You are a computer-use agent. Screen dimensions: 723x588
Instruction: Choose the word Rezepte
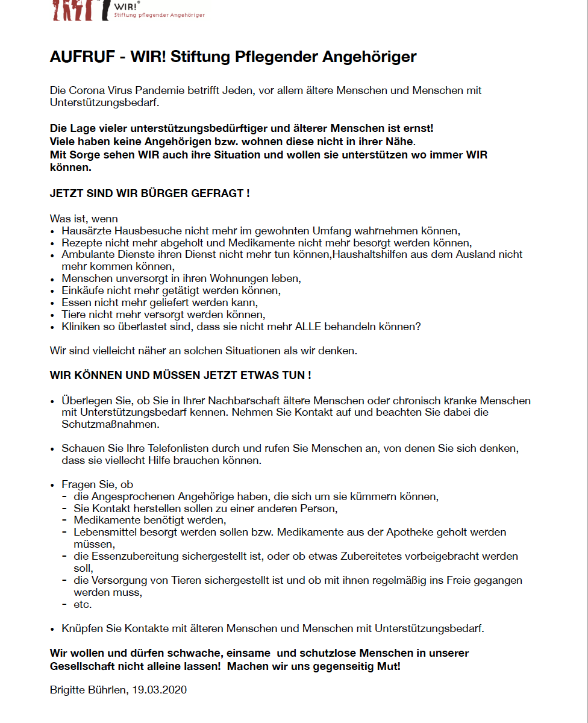(x=81, y=243)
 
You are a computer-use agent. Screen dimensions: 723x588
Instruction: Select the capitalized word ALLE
(x=308, y=327)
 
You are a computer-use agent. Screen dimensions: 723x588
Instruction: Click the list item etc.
(x=83, y=604)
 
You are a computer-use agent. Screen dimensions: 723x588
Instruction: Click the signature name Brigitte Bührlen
(x=88, y=690)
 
